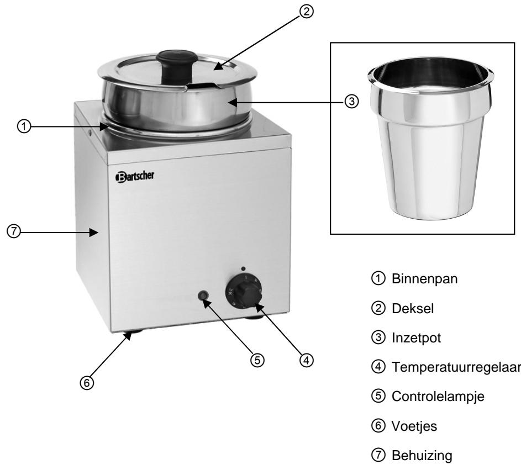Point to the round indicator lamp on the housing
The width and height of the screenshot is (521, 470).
pyautogui.click(x=206, y=296)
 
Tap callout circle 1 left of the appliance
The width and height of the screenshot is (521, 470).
pyautogui.click(x=23, y=126)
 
